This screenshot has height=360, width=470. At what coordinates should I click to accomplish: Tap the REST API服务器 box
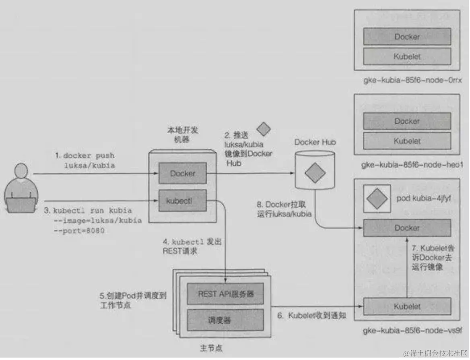[x=225, y=294]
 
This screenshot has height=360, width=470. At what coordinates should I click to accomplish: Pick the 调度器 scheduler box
[x=225, y=320]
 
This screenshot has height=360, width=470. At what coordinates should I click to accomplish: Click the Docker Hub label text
[x=315, y=142]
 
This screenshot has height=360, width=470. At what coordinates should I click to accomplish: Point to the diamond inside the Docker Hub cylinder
[x=315, y=174]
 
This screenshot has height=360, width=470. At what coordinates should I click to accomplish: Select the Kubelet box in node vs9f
[x=407, y=307]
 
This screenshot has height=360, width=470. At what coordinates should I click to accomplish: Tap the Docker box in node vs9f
[x=407, y=228]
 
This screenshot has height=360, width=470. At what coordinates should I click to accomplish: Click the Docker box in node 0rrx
[x=407, y=37]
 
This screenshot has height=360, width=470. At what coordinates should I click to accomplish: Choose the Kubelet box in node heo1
[x=407, y=141]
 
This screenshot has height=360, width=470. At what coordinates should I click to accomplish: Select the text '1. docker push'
[x=85, y=155]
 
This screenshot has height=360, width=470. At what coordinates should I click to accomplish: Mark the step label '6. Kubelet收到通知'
[x=311, y=315]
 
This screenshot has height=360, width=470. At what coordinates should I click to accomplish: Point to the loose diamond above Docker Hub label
[x=264, y=129]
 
